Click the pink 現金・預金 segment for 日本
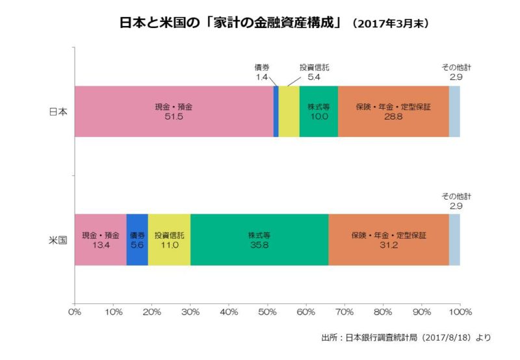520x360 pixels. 174,111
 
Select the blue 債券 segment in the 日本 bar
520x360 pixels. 276,111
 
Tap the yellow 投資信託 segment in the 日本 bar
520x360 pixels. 289,111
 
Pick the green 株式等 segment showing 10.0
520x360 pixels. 318,111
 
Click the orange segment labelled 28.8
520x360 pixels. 393,111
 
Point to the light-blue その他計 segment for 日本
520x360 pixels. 454,111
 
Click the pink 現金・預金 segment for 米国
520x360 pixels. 101,240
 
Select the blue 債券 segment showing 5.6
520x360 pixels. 137,240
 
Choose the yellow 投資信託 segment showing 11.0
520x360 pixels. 169,240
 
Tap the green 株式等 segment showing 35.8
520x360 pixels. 259,240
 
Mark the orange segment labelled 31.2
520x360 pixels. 389,240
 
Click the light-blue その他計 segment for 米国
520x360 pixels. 454,240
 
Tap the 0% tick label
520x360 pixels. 75,312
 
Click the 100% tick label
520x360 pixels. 460,312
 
